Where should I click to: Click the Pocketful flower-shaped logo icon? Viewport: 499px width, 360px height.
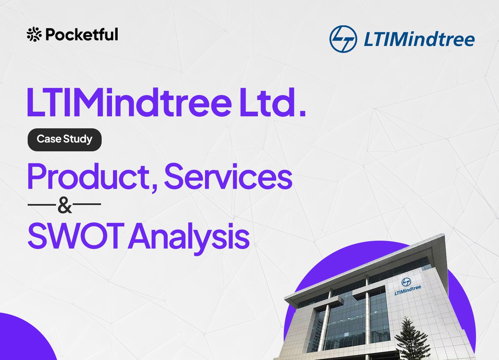point(34,34)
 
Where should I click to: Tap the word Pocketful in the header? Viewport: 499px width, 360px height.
point(82,34)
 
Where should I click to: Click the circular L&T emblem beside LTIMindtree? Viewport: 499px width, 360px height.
point(343,39)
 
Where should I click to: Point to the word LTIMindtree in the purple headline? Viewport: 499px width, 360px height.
point(129,102)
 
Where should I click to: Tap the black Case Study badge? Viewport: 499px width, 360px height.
point(65,140)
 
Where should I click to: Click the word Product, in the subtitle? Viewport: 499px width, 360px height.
point(92,177)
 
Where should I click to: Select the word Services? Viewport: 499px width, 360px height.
point(228,176)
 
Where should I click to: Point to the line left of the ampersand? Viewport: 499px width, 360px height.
point(42,204)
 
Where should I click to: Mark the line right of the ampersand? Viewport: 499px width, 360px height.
point(87,204)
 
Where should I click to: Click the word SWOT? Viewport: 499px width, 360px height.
point(76,236)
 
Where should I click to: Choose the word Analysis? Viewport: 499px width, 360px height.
point(189,238)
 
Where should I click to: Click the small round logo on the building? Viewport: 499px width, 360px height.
point(406,282)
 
